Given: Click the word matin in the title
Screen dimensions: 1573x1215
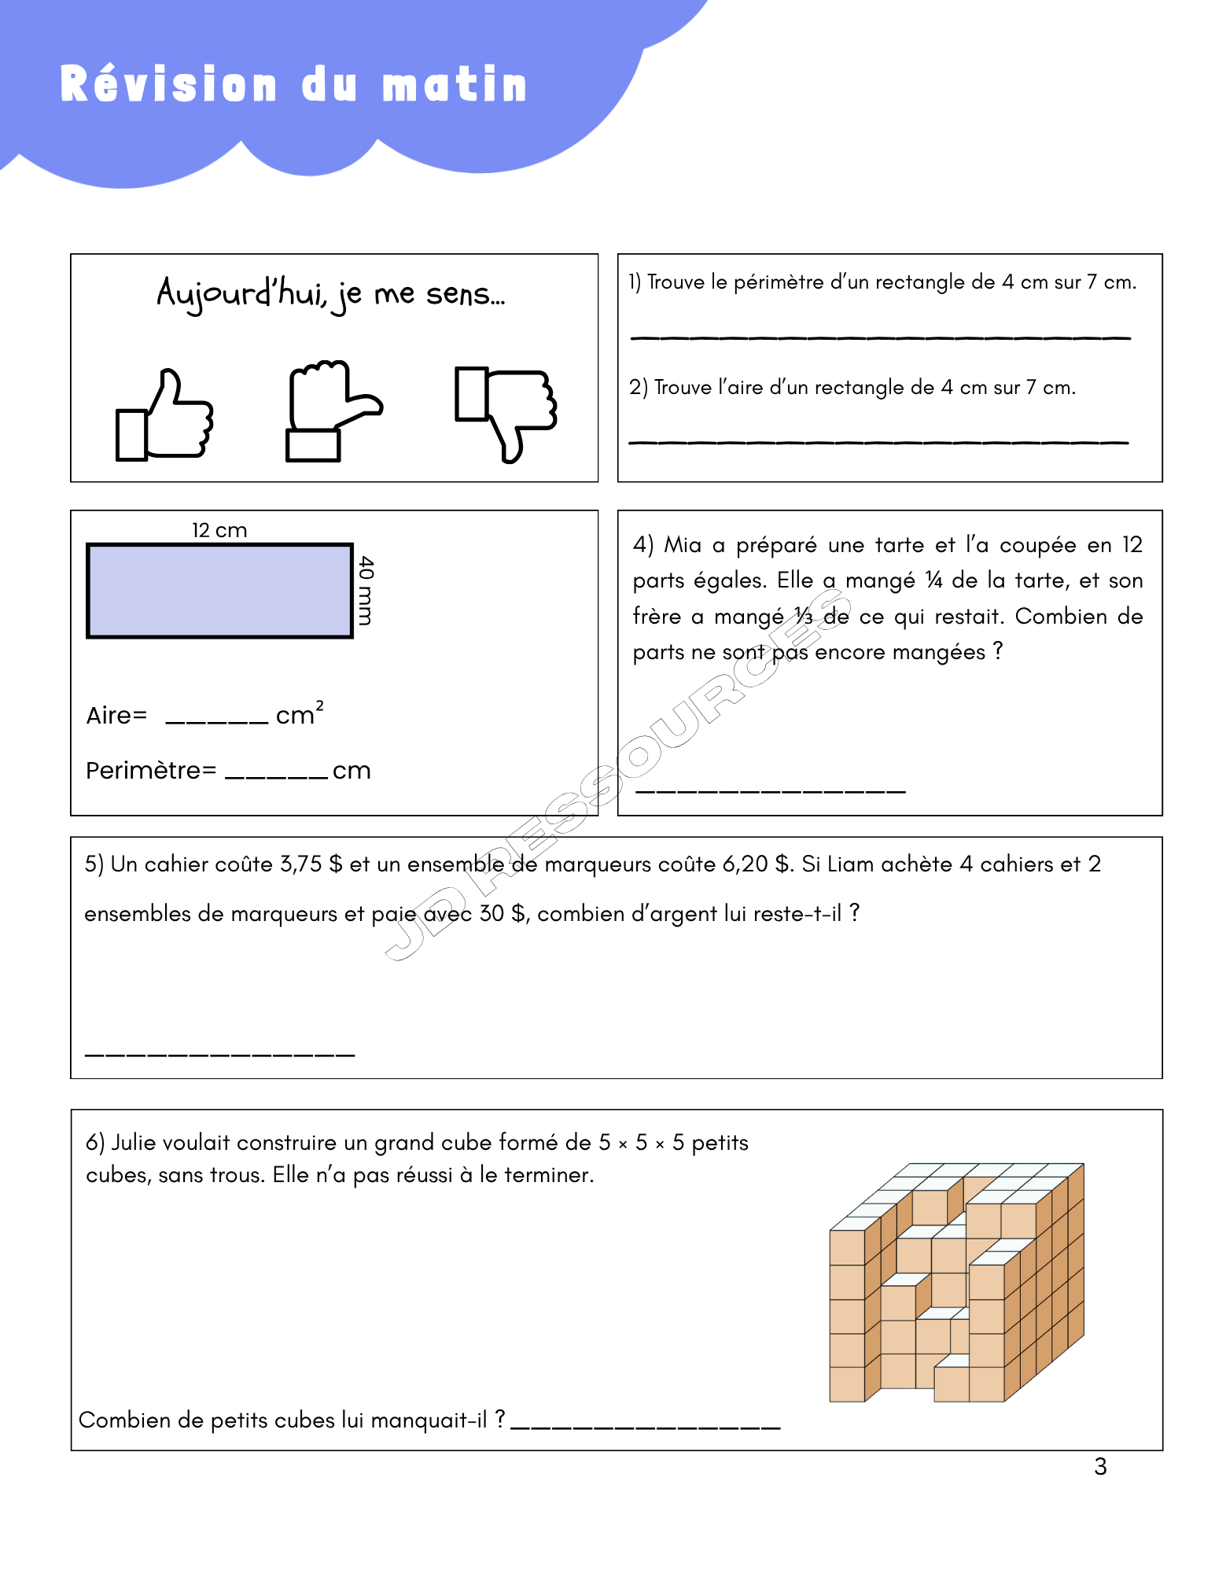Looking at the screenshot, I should [x=455, y=85].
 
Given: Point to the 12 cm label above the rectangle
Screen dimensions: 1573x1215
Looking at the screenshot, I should [x=219, y=530].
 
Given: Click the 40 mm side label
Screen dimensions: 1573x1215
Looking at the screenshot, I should [x=366, y=591].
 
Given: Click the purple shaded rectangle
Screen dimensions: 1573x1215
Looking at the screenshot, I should [x=219, y=591].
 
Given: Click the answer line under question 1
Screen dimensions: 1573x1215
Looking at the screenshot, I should [x=880, y=337].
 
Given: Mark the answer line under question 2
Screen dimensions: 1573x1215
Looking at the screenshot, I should [x=878, y=442].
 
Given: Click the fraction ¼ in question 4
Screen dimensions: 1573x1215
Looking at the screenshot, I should [x=933, y=580].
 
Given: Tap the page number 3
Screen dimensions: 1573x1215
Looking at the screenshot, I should [x=1100, y=1466].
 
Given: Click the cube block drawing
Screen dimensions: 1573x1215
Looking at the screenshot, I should [x=956, y=1282].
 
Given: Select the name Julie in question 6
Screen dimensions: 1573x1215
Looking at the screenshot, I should [x=131, y=1142].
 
